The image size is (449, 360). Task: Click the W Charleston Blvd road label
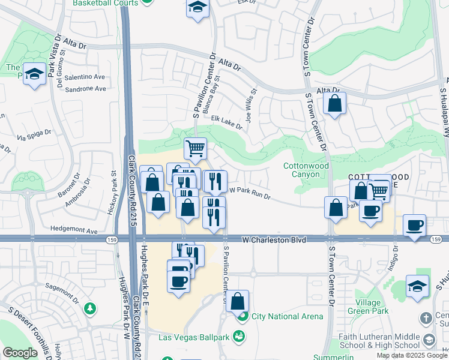(274, 239)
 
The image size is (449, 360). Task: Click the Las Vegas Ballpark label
(194, 337)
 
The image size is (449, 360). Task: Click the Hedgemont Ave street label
(74, 230)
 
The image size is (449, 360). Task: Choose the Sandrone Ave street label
(85, 88)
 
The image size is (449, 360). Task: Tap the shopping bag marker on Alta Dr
(334, 103)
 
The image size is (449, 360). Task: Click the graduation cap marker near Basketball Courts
(196, 8)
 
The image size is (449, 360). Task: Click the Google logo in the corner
(20, 353)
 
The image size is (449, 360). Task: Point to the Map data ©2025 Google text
(412, 355)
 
